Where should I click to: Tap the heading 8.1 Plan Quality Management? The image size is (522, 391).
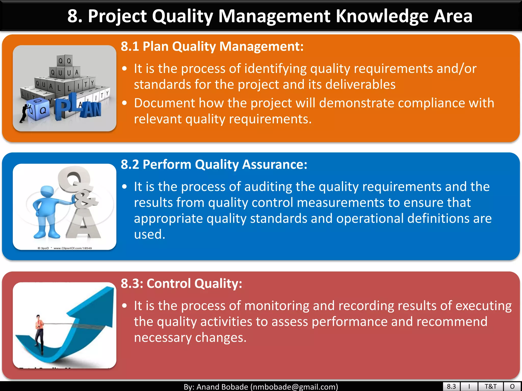[212, 46]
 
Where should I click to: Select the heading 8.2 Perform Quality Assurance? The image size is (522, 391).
[214, 164]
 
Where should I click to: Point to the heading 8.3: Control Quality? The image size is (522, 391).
[181, 283]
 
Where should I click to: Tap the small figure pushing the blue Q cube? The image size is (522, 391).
[25, 112]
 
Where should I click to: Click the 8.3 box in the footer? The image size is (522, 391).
[451, 386]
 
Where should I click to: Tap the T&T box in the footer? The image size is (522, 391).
[490, 386]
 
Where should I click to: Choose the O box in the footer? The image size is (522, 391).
[512, 386]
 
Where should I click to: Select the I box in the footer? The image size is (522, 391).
[469, 386]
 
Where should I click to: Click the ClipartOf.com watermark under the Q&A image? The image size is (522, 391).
[73, 248]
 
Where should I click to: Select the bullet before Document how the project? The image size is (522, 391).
[124, 103]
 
